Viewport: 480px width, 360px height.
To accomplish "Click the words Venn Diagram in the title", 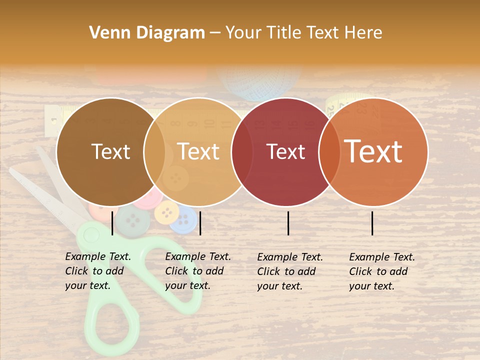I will pyautogui.click(x=147, y=33).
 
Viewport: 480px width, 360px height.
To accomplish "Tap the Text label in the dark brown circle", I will pyautogui.click(x=111, y=151).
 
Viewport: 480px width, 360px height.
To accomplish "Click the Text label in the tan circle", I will pyautogui.click(x=198, y=151).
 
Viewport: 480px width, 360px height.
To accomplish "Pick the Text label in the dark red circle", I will pyautogui.click(x=286, y=151).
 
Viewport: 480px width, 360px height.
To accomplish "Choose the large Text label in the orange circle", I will pyautogui.click(x=373, y=151).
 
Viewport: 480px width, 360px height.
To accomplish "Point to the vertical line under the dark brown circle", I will pyautogui.click(x=112, y=223).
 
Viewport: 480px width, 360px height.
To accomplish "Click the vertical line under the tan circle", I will pyautogui.click(x=200, y=223).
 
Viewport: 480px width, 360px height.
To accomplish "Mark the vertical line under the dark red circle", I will pyautogui.click(x=288, y=223).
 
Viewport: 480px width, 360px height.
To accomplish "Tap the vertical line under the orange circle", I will pyautogui.click(x=372, y=223).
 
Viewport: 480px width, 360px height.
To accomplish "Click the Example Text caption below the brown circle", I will pyautogui.click(x=98, y=271).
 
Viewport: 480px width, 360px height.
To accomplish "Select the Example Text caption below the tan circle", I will pyautogui.click(x=198, y=271).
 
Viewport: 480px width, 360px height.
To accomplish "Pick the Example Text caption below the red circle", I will pyautogui.click(x=290, y=271).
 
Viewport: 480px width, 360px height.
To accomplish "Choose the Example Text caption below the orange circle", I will pyautogui.click(x=382, y=271).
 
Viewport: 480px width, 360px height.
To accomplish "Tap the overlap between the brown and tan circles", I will pyautogui.click(x=154, y=152).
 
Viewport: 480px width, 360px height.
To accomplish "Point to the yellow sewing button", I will pyautogui.click(x=166, y=213).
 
